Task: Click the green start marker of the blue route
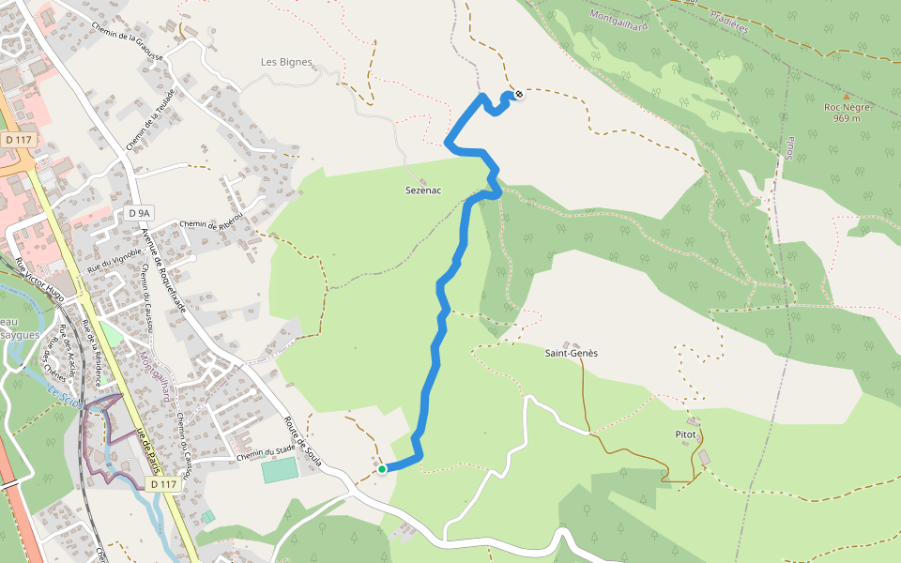(382, 468)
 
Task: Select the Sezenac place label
(422, 190)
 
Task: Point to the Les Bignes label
(286, 62)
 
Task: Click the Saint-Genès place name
(572, 353)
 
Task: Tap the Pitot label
(686, 434)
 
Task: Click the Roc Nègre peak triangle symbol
(847, 96)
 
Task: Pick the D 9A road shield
(138, 213)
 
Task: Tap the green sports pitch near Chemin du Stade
(278, 470)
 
